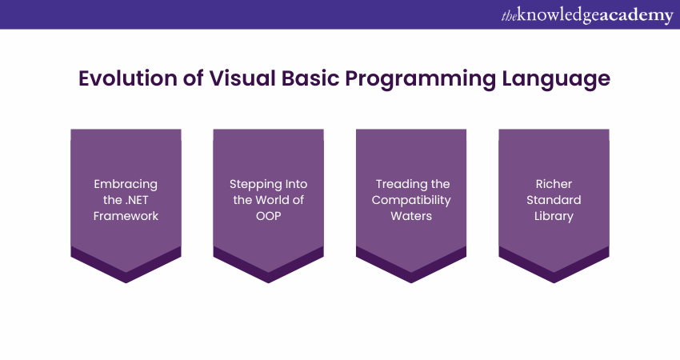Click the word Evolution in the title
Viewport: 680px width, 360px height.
pyautogui.click(x=122, y=79)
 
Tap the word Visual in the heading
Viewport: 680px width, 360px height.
pyautogui.click(x=228, y=79)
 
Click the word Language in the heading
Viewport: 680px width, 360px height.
pyautogui.click(x=555, y=79)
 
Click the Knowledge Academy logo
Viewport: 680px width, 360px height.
pyautogui.click(x=586, y=15)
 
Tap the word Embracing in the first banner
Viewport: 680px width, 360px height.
pyautogui.click(x=126, y=184)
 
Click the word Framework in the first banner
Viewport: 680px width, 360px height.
pyautogui.click(x=126, y=216)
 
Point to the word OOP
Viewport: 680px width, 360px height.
pyautogui.click(x=268, y=216)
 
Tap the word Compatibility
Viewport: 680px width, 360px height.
pyautogui.click(x=411, y=200)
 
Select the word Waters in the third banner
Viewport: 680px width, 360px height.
pyautogui.click(x=411, y=216)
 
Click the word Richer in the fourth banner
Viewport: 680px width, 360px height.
pyautogui.click(x=554, y=184)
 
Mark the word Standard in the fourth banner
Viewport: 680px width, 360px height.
pyautogui.click(x=554, y=200)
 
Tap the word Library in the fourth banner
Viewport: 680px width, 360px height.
pyautogui.click(x=554, y=216)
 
